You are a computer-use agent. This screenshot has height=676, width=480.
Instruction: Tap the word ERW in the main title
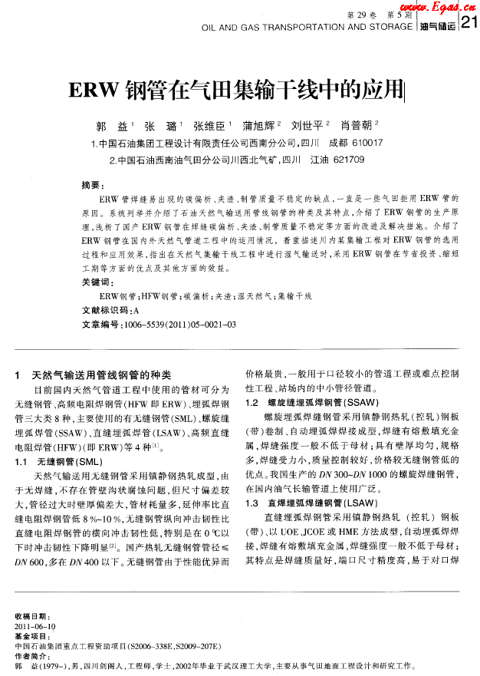click(x=95, y=91)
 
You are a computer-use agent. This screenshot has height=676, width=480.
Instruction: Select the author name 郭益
click(x=111, y=125)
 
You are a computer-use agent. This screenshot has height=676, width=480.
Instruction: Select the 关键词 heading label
click(x=95, y=282)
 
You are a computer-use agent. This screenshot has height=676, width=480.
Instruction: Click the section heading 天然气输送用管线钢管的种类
click(x=101, y=375)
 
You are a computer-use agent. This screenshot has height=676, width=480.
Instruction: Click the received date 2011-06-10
click(x=35, y=626)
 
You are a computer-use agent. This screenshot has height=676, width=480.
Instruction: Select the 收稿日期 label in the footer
click(x=31, y=617)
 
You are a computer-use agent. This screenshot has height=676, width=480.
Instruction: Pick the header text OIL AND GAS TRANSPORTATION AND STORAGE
click(x=307, y=26)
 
